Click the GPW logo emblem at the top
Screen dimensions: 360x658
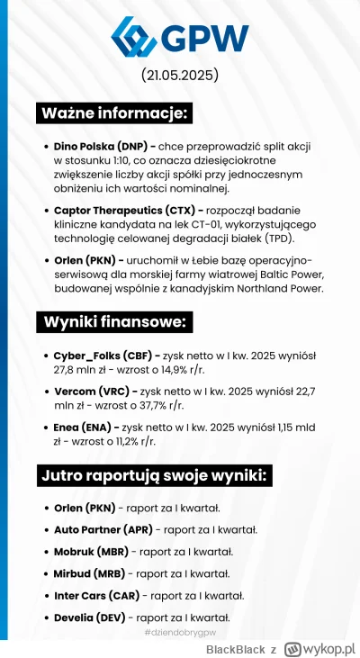click(x=135, y=39)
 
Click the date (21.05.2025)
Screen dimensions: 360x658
click(x=180, y=75)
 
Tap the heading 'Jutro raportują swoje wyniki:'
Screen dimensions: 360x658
click(x=156, y=476)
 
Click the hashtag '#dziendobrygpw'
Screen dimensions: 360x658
click(x=181, y=635)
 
